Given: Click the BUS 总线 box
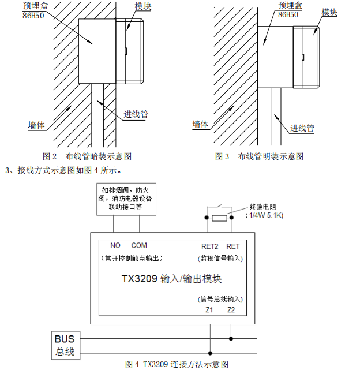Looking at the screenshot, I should [65, 345].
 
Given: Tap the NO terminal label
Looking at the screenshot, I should [115, 246].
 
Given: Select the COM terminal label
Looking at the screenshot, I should [139, 246].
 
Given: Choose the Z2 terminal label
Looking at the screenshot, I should [231, 310].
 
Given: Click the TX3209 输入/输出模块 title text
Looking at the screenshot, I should [171, 279].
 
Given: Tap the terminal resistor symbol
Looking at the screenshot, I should [220, 218].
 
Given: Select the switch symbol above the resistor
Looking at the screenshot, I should [220, 207].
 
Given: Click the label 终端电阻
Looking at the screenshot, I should [263, 206].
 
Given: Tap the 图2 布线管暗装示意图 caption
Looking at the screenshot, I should [87, 156].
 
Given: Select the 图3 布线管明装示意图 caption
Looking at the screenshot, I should [259, 156].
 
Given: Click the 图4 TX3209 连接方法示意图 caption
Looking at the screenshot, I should [177, 364].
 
